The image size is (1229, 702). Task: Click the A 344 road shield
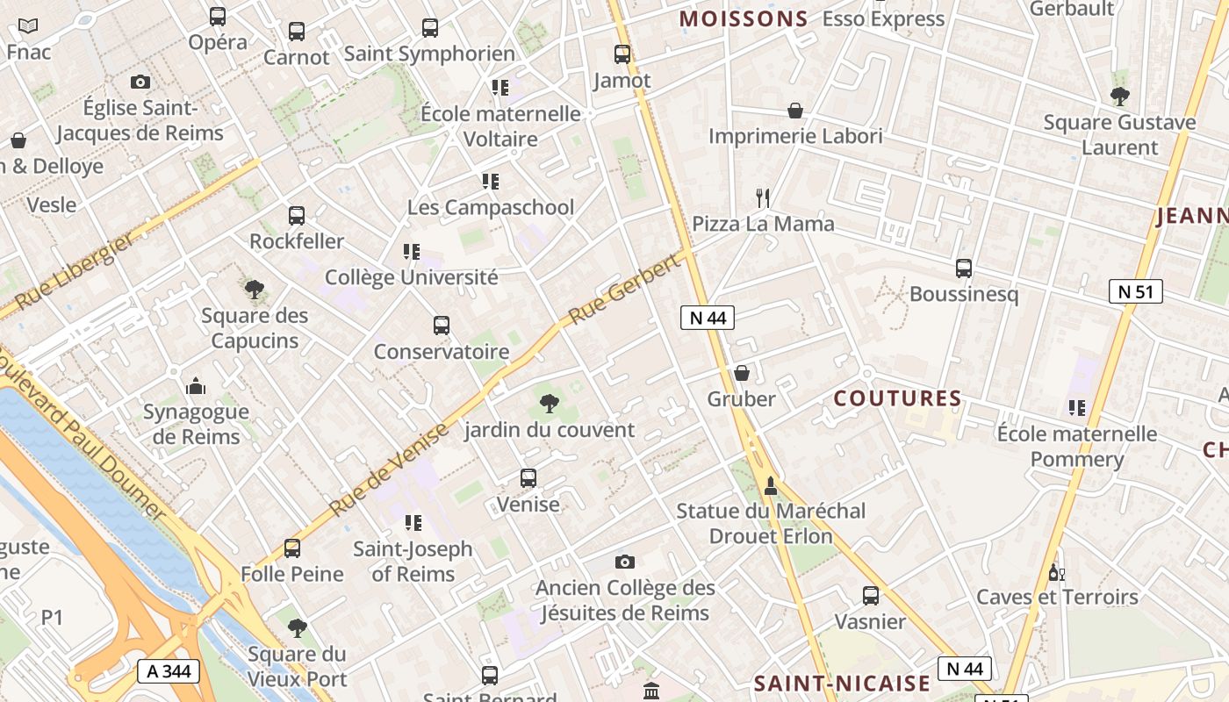click(x=169, y=672)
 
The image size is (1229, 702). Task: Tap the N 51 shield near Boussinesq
click(x=1135, y=291)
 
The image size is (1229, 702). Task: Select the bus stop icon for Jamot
click(x=622, y=54)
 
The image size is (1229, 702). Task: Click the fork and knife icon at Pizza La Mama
click(x=763, y=198)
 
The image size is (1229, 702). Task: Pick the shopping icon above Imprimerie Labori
click(x=795, y=111)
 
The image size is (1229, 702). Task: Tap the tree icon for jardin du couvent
click(x=549, y=404)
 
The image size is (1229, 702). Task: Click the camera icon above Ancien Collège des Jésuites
click(x=624, y=562)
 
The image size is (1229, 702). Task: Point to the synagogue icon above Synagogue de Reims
click(x=196, y=385)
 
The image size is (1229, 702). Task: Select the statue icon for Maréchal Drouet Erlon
click(x=771, y=485)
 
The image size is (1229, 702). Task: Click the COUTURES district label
click(x=898, y=398)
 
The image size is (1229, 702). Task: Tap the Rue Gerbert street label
click(x=624, y=290)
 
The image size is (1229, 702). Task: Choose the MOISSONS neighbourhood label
click(x=744, y=18)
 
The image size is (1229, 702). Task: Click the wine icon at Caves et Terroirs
click(x=1056, y=572)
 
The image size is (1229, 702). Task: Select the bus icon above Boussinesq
click(x=964, y=269)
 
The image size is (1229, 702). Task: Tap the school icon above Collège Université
click(x=411, y=252)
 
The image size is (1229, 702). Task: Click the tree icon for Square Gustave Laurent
click(x=1119, y=97)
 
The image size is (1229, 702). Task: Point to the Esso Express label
click(x=883, y=18)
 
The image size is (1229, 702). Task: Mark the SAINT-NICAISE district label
click(x=842, y=684)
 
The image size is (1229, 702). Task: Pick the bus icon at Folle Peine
click(x=292, y=548)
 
